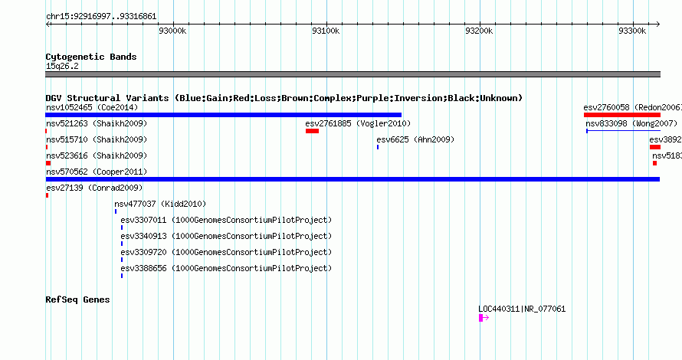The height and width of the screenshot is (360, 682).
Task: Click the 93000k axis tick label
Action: [172, 31]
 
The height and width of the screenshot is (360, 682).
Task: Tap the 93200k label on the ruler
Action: [479, 31]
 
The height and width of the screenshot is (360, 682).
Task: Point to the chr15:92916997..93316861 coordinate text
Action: [101, 17]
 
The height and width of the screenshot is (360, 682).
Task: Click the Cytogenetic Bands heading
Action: [91, 57]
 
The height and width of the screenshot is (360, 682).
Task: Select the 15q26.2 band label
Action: [62, 66]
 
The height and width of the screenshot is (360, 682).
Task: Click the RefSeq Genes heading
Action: [77, 299]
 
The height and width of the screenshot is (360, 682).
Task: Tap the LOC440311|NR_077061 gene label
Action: [522, 309]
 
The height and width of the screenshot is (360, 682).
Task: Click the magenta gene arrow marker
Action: [484, 318]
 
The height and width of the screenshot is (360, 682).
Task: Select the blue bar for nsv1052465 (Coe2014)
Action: [224, 115]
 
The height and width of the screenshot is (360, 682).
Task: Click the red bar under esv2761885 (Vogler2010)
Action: [313, 131]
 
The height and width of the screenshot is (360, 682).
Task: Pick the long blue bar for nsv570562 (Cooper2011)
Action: [352, 179]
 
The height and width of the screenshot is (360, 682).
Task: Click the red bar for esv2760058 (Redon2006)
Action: [622, 115]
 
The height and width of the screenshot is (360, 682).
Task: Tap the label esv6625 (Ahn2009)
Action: [415, 139]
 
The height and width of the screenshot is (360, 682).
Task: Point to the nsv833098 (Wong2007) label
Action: [631, 123]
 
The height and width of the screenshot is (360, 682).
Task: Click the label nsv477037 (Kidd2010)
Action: [160, 204]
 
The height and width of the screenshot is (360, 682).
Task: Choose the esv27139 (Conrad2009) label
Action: [94, 188]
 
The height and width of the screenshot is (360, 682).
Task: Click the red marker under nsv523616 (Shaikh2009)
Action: [48, 163]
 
